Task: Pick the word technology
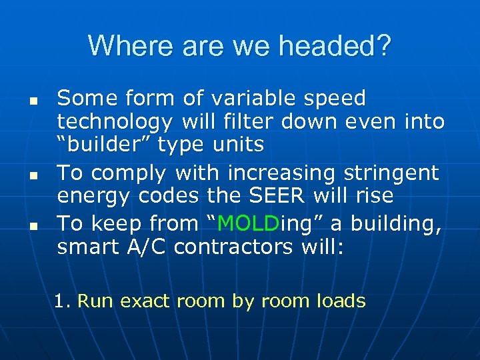(x=113, y=122)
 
